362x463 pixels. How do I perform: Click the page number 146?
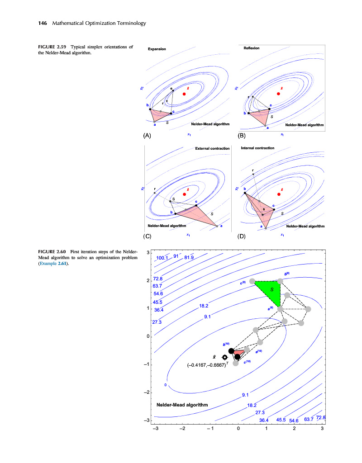pos(43,23)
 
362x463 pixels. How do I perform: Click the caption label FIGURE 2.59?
pos(52,47)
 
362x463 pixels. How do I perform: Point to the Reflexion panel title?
pos(252,48)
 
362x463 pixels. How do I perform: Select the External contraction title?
pos(212,148)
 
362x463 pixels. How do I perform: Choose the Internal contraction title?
pos(258,148)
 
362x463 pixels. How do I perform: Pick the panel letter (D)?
pos(242,236)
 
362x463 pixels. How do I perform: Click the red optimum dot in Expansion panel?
pos(184,94)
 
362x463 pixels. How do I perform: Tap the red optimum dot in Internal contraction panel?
pos(279,194)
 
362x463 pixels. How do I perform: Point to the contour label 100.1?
pos(162,258)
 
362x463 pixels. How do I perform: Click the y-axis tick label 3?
pos(148,253)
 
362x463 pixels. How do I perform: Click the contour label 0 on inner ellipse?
pos(166,385)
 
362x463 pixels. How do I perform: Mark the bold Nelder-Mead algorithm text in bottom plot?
pos(182,405)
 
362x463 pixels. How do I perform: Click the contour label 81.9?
pos(189,258)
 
